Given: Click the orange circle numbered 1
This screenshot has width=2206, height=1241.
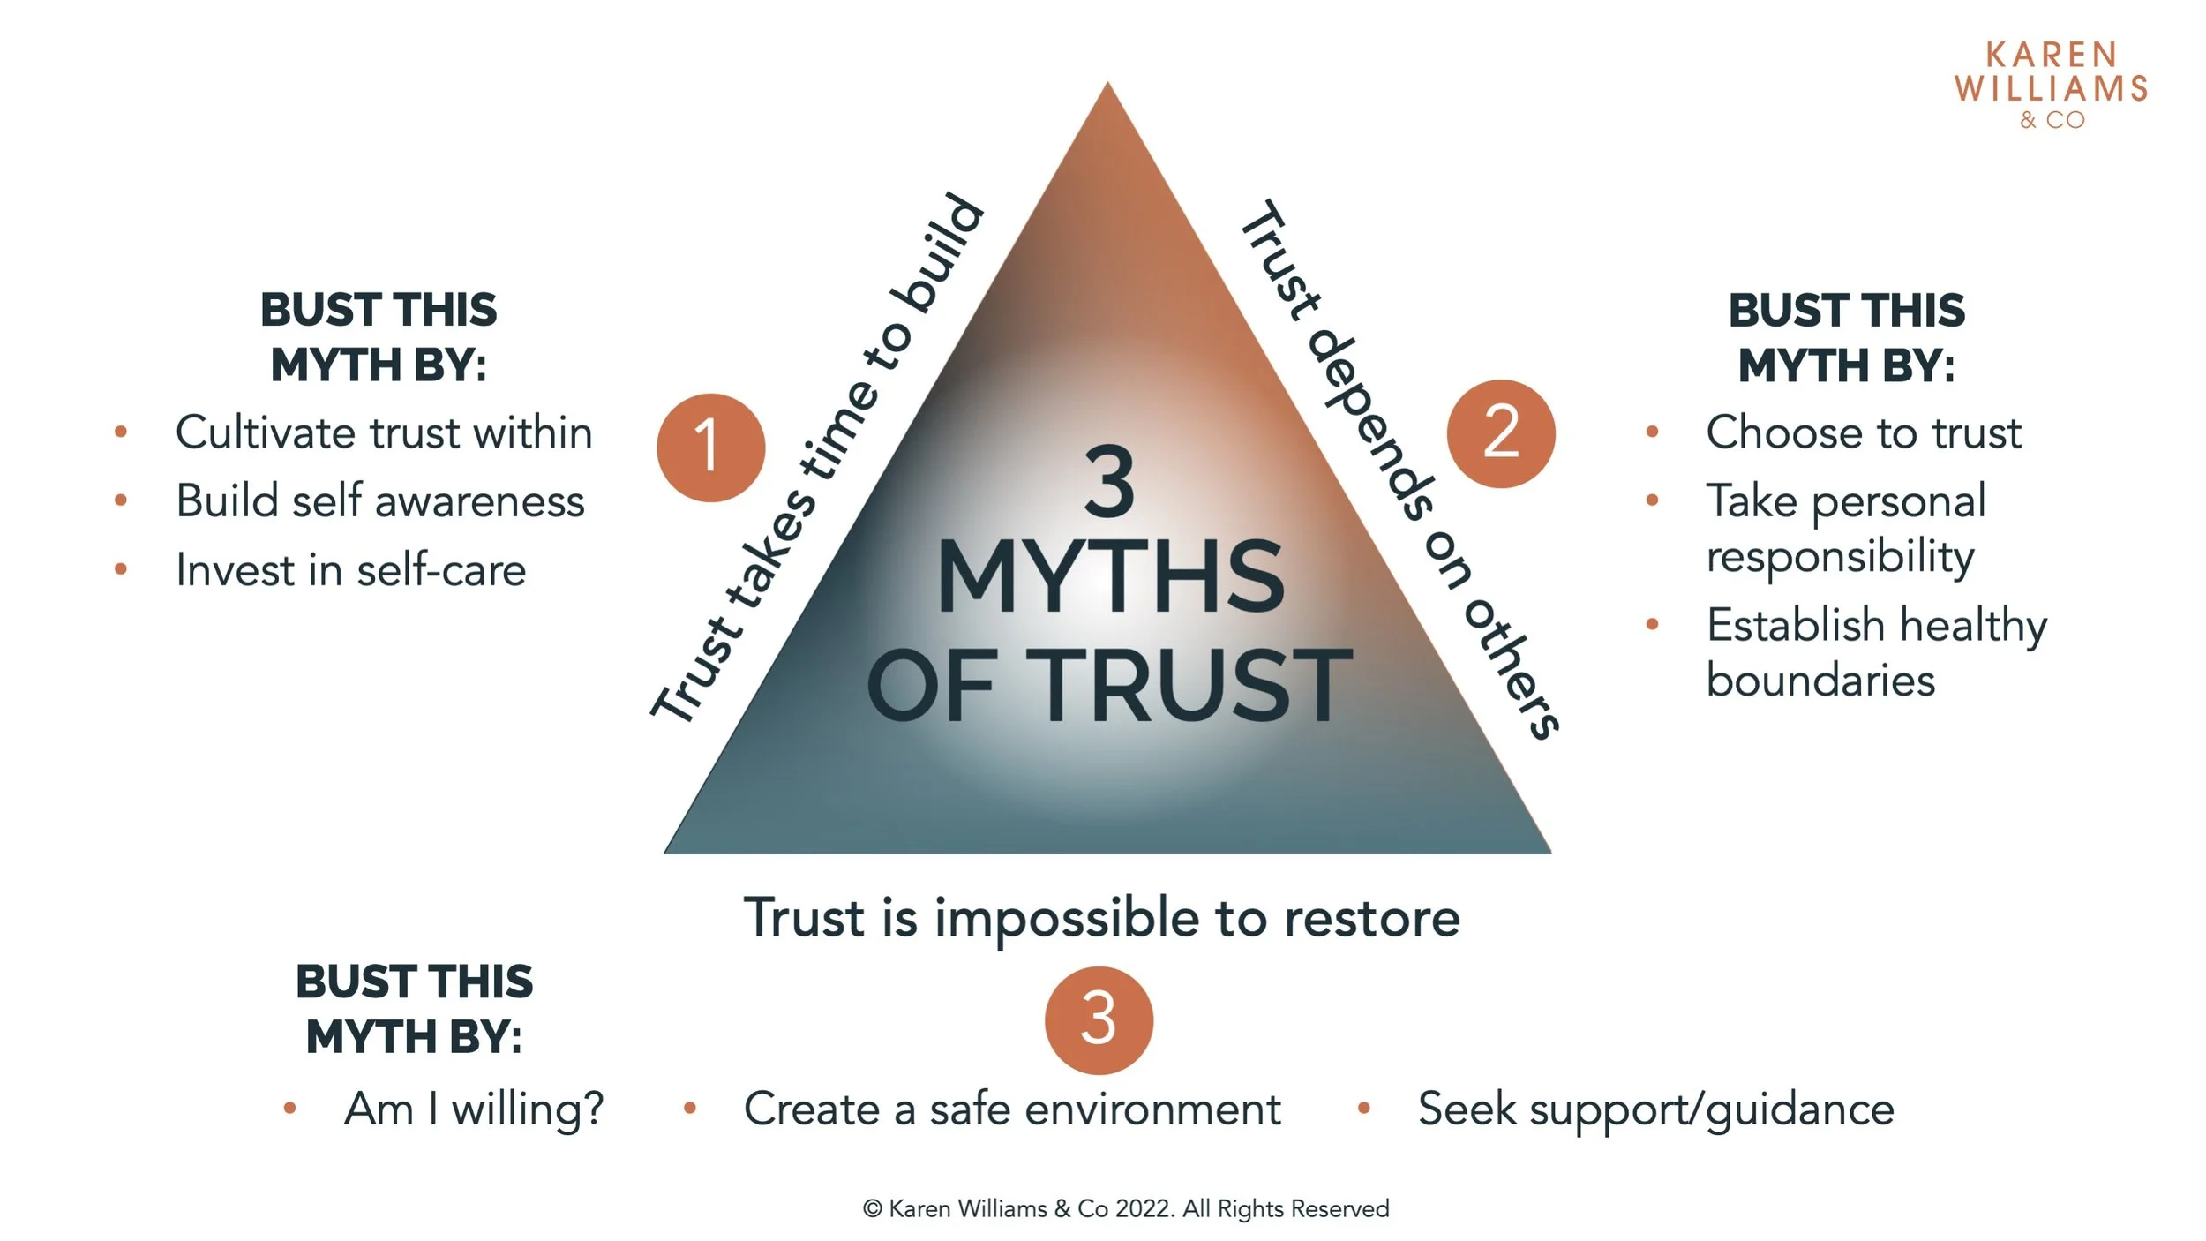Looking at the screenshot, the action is coord(710,448).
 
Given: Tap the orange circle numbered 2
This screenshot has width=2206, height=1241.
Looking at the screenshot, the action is coord(1501,433).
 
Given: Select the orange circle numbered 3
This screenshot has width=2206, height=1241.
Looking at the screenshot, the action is coord(1099,1019).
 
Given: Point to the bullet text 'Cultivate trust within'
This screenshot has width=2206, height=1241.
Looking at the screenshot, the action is coord(384,432).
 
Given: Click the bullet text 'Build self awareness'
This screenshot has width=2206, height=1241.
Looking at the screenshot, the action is coord(380,501).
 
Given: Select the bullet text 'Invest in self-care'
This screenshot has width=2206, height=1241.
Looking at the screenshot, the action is coord(351,570).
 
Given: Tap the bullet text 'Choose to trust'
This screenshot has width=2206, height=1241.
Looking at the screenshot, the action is coord(1863,432).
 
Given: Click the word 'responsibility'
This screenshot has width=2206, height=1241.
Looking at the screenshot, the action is coord(1840,557).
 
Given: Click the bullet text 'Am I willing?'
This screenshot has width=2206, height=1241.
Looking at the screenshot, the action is coord(474,1109).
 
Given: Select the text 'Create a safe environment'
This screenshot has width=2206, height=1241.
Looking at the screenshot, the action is coord(1012,1109).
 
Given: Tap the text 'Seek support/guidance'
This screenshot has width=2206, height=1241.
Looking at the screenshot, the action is coord(1655,1109).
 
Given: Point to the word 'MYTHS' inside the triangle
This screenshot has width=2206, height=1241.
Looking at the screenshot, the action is coord(1110,579).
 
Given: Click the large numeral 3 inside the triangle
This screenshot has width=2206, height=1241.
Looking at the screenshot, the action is coord(1109,483).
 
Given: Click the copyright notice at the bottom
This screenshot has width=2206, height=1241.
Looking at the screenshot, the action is coord(1125,1208).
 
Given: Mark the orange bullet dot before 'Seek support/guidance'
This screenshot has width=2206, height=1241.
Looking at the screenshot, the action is coord(1363,1108).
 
